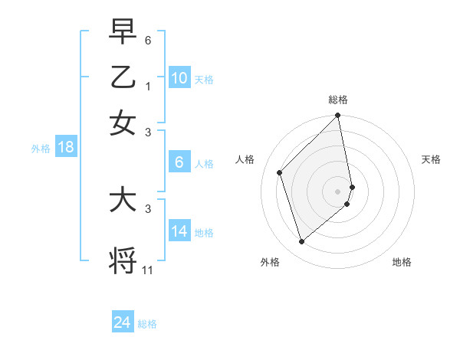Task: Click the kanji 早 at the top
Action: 123,31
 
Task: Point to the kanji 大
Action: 123,201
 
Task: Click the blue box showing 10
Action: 179,78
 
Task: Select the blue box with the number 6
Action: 179,162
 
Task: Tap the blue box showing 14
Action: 179,231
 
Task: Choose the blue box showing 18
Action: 66,147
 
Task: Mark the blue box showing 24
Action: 123,322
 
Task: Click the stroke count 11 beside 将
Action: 148,270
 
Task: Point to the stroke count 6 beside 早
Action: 148,39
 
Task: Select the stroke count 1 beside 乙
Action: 148,86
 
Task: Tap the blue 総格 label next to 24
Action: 147,324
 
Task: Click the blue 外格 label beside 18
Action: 41,149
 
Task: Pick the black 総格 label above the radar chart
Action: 338,100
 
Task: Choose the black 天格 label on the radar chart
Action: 432,159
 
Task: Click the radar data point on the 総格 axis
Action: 338,116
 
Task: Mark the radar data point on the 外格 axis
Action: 301,242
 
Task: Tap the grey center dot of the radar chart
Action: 338,191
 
